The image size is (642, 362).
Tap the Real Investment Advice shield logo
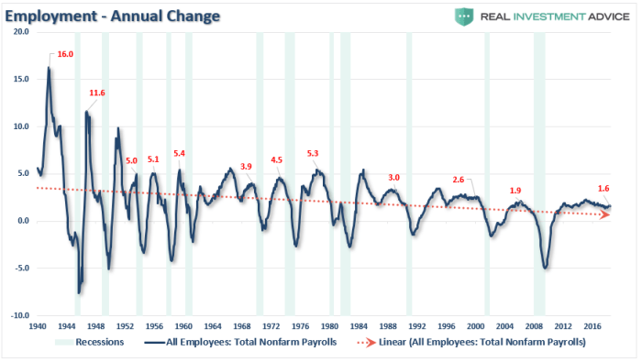tap(463, 15)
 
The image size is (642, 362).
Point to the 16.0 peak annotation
tap(65, 55)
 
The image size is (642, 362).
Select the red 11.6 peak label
tap(97, 93)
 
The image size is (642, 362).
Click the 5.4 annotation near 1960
tap(180, 153)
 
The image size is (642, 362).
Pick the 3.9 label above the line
tap(245, 166)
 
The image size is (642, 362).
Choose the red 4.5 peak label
tap(277, 160)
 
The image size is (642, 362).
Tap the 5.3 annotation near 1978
tap(313, 153)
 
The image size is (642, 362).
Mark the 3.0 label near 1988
tap(394, 177)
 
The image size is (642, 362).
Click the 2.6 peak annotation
tap(459, 180)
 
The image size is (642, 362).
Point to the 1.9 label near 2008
tap(515, 191)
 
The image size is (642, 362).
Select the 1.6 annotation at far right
tap(603, 188)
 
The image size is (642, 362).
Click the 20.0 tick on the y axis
tap(21, 32)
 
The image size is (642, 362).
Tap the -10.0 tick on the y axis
tap(20, 315)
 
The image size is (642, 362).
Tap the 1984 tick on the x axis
tap(360, 325)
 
